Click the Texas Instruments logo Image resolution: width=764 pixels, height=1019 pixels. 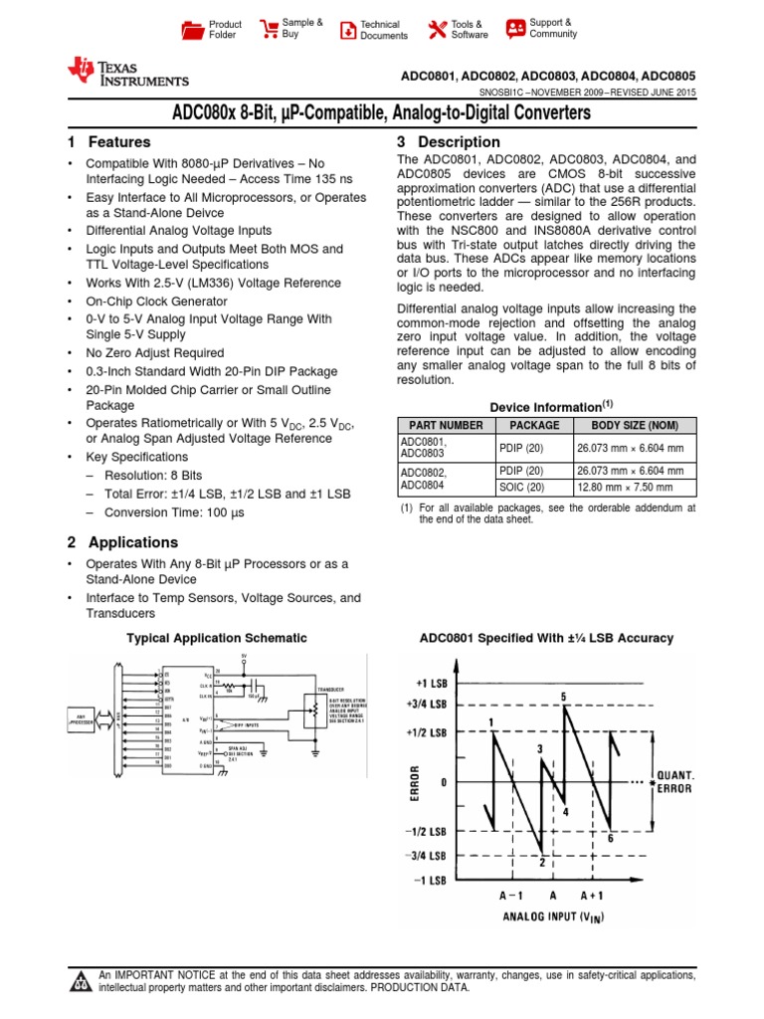click(x=126, y=72)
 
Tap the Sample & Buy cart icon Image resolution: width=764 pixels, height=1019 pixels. click(x=269, y=29)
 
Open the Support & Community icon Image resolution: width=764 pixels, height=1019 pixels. click(x=515, y=29)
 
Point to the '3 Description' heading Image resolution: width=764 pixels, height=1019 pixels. click(x=448, y=142)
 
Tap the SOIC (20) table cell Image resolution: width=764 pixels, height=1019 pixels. click(x=521, y=488)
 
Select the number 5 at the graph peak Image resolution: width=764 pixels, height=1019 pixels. click(x=564, y=697)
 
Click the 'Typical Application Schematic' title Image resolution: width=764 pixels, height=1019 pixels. click(x=215, y=638)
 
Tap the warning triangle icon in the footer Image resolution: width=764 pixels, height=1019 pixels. click(x=80, y=981)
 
